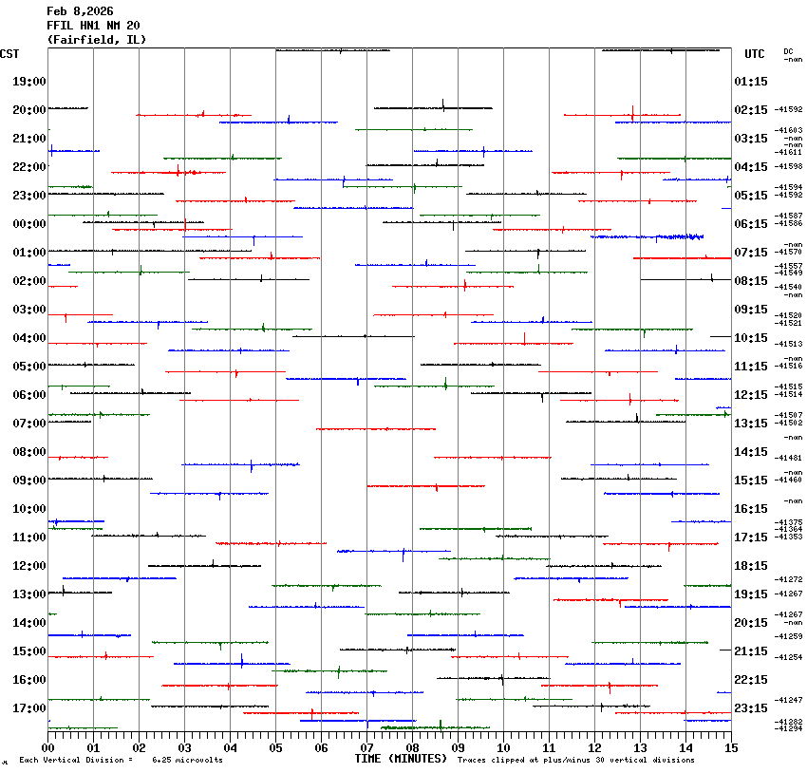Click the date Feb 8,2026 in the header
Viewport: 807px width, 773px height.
pos(80,11)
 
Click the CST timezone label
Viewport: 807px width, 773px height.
pos(10,54)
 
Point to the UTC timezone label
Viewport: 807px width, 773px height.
pos(755,54)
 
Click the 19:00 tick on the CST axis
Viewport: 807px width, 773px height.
pos(29,82)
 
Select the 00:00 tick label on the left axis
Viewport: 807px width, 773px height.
pos(29,224)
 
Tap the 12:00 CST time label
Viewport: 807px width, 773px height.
pos(29,566)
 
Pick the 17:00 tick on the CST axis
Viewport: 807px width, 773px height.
pos(29,708)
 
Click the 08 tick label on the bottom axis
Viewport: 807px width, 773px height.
pos(412,748)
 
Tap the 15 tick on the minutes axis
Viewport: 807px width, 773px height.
pos(730,748)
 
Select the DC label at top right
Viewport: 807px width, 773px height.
pos(788,51)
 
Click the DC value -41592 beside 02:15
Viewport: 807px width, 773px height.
pos(789,110)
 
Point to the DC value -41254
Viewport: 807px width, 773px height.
pos(789,657)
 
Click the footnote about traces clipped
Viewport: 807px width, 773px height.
pos(575,760)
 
